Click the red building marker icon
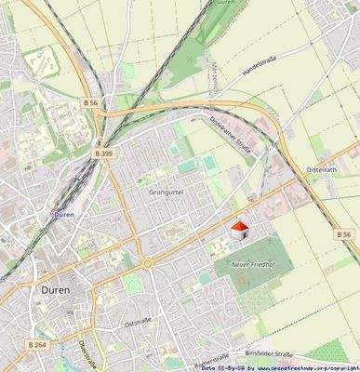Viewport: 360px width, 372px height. (x=240, y=230)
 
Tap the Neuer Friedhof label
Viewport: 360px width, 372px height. (x=252, y=265)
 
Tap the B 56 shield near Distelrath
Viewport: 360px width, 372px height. (x=344, y=234)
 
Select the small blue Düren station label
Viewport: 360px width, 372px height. (x=64, y=213)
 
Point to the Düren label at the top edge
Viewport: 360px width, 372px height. (x=225, y=4)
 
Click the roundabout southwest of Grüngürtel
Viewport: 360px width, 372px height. (x=146, y=263)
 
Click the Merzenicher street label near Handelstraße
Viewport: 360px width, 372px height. (x=216, y=76)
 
